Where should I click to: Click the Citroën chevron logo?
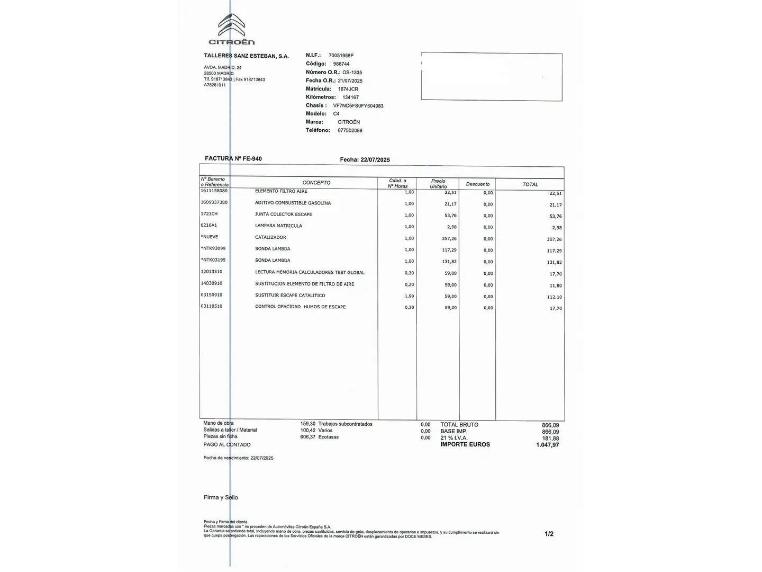(231, 25)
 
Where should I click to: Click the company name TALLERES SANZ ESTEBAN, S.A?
(246, 56)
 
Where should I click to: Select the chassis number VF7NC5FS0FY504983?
(358, 106)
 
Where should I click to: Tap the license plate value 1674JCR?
(348, 89)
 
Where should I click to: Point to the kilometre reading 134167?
(350, 97)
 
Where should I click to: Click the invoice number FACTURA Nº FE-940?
(233, 158)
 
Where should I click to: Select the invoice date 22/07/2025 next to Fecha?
(375, 160)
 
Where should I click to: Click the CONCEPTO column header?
(316, 183)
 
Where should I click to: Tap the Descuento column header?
(478, 184)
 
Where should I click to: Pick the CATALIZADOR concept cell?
(270, 237)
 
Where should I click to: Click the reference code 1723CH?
(209, 214)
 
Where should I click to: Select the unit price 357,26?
(449, 239)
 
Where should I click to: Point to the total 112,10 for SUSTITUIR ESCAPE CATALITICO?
(555, 297)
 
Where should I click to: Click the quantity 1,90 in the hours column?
(409, 296)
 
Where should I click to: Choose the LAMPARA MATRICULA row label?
(278, 226)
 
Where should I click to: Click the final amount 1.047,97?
(547, 445)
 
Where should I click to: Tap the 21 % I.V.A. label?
(454, 438)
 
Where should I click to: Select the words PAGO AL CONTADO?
(227, 445)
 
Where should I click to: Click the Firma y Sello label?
(221, 497)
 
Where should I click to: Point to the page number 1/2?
(549, 534)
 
